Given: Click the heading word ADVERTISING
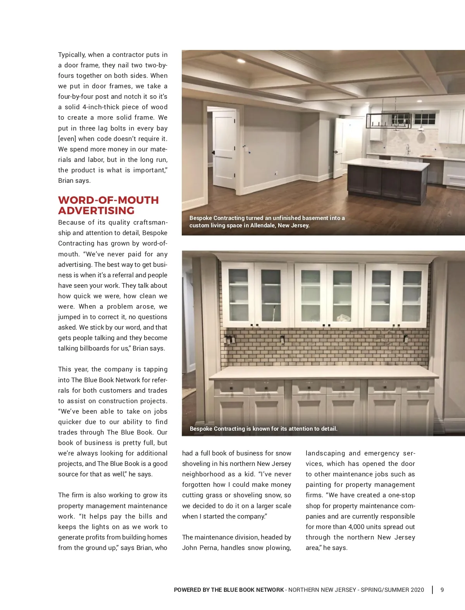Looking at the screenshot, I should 96,211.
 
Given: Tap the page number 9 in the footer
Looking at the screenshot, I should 442,590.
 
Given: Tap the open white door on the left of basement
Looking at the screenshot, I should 224,149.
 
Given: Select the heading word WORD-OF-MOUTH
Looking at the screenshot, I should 108,200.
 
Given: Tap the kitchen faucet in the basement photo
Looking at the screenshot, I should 408,149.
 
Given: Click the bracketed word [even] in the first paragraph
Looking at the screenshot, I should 67,139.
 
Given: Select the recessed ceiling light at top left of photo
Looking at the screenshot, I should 241,61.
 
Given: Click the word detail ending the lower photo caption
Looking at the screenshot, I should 329,429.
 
